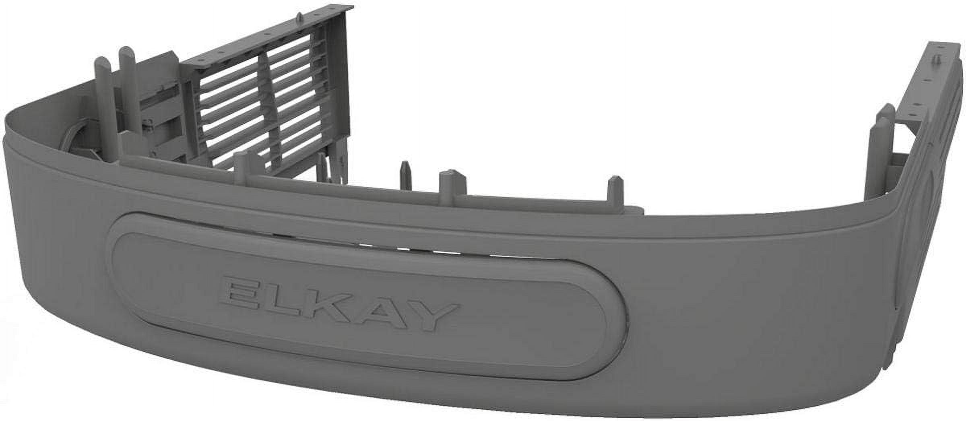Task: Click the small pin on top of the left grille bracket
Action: pos(301,16)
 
